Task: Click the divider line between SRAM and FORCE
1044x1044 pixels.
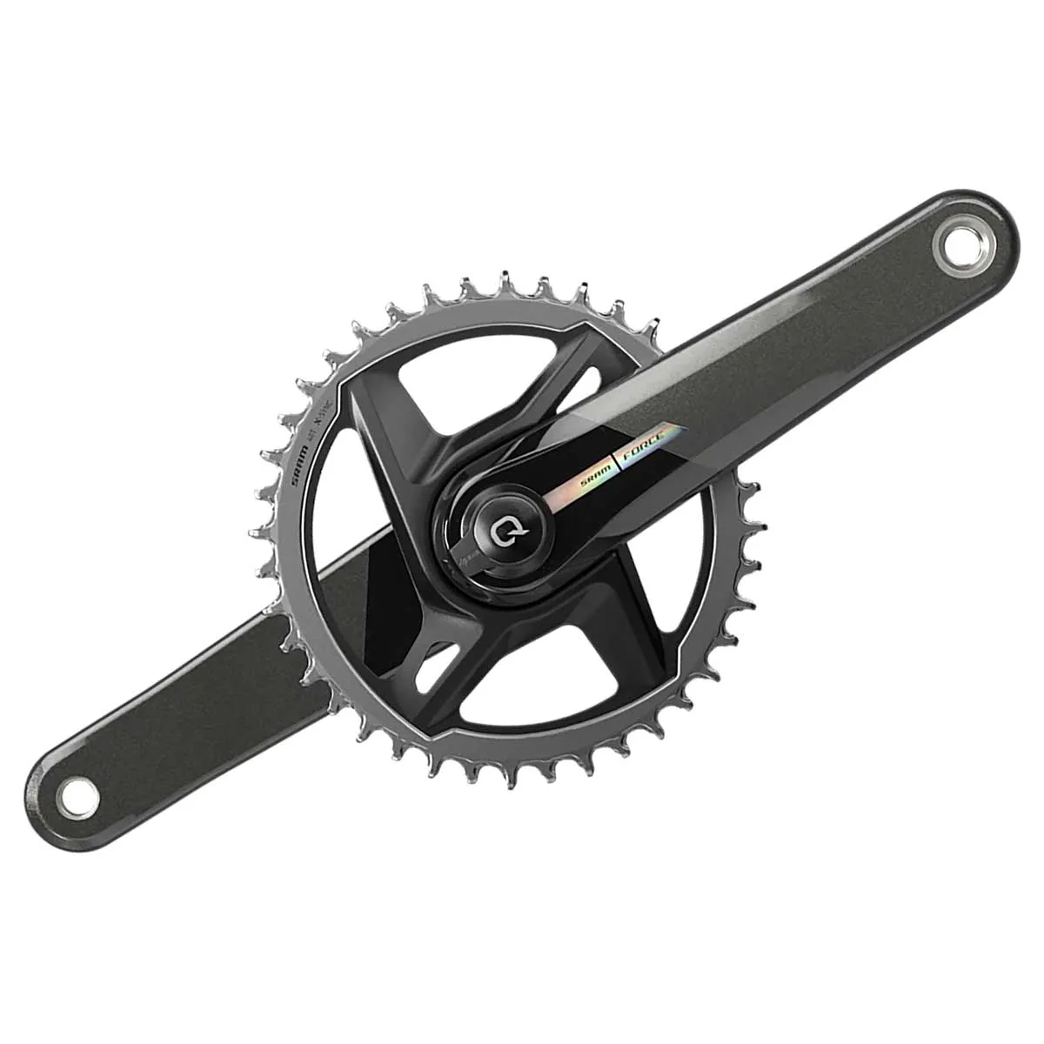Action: coord(619,458)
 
